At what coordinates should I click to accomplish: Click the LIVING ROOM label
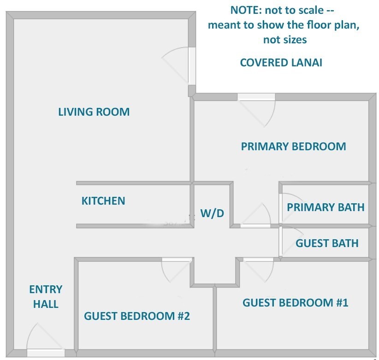click(94, 112)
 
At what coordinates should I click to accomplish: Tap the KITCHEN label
click(103, 201)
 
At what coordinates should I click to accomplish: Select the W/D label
click(212, 213)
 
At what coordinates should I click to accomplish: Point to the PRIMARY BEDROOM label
click(293, 147)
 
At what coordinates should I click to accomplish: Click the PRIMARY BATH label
click(326, 207)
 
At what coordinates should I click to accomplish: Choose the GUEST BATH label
click(327, 243)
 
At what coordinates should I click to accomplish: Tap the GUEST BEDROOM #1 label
click(296, 302)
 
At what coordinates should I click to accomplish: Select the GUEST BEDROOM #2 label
click(137, 316)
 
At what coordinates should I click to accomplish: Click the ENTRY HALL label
click(46, 296)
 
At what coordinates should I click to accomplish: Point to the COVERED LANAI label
click(281, 63)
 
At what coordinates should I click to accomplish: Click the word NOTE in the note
click(246, 10)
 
